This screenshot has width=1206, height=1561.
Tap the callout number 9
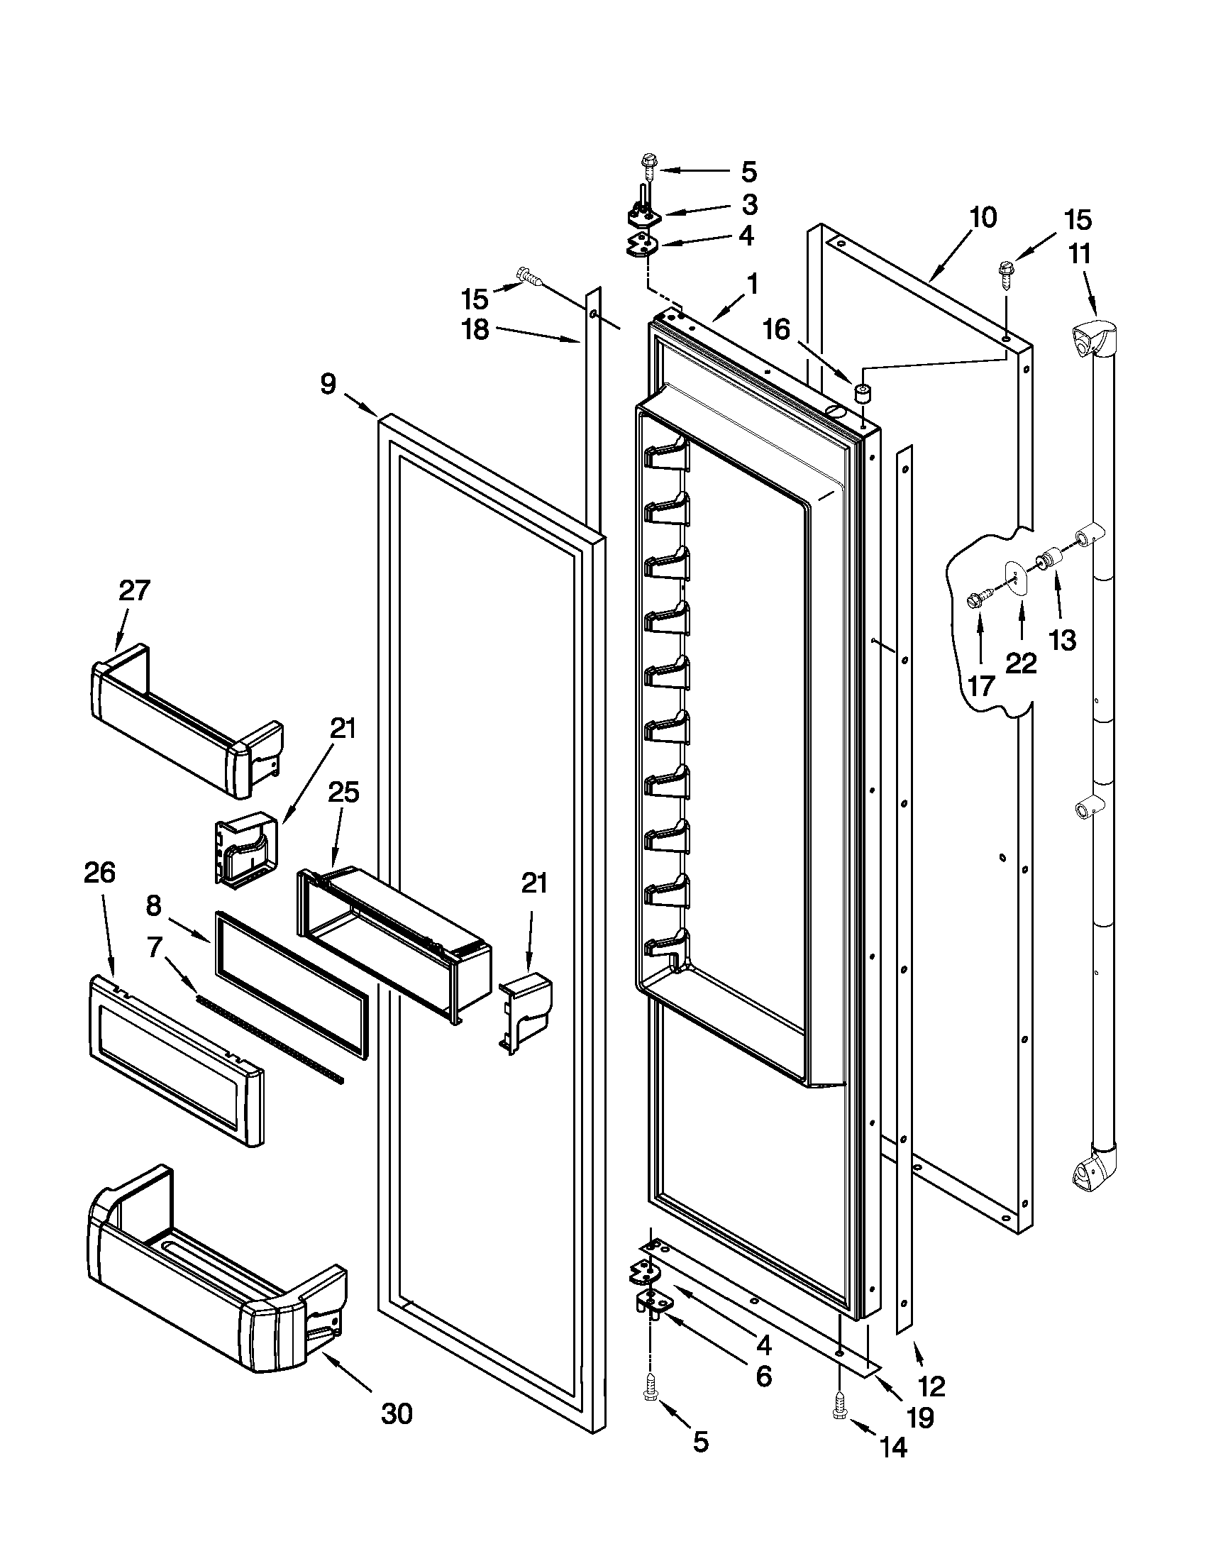click(328, 384)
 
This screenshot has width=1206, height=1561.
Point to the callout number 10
click(983, 217)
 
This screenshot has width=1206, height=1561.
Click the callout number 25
click(343, 793)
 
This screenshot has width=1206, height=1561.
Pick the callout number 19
click(920, 1417)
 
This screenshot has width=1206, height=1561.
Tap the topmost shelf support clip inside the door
click(667, 456)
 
